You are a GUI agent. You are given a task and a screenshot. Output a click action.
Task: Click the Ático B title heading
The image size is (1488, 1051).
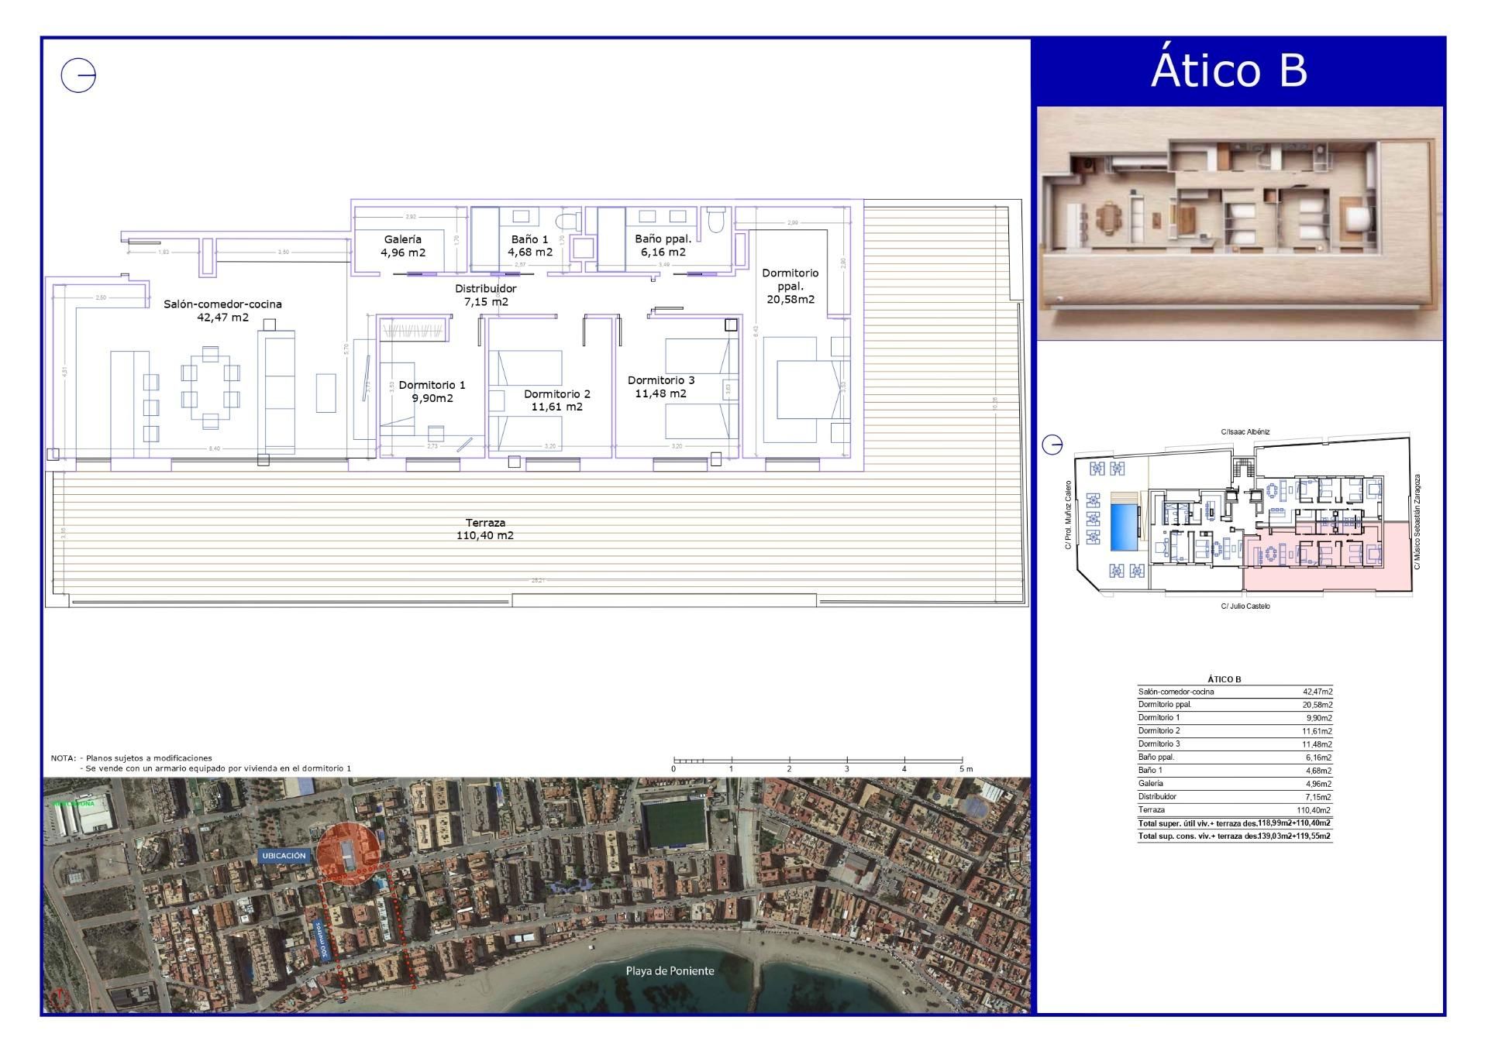[x=1229, y=70]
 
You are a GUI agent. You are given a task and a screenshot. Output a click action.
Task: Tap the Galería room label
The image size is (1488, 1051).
[x=403, y=239]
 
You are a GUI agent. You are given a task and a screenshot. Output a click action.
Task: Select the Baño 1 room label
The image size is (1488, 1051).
[x=530, y=239]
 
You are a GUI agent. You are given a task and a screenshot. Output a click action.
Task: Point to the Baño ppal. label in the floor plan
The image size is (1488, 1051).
[x=663, y=239]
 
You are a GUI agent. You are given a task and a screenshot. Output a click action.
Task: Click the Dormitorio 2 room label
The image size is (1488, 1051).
[x=556, y=394]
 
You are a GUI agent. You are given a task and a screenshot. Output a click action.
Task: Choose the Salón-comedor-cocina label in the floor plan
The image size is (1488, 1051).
[x=222, y=304]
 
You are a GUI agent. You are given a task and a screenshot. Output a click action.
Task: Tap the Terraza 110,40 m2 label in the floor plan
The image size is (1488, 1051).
[x=485, y=529]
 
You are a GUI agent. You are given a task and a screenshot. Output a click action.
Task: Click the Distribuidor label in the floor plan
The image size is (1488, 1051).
[x=486, y=289]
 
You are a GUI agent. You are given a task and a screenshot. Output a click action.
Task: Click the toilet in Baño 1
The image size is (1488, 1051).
[x=568, y=220]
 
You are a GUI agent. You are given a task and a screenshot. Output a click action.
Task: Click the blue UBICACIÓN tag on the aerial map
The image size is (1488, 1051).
[x=284, y=856]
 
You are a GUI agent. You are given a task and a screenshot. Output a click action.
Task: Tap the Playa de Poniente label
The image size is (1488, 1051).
[x=670, y=970]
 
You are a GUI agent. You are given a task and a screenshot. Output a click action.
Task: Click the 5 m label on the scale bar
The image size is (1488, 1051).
[x=965, y=768]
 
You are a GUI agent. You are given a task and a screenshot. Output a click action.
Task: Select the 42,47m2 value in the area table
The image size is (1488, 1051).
[x=1317, y=692]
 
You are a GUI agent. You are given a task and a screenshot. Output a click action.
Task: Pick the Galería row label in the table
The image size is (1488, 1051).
[x=1151, y=783]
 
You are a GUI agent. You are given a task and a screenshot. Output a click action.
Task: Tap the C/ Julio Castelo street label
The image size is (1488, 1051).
[x=1245, y=606]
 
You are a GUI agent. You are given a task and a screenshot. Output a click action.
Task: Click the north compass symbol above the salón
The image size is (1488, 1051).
[x=78, y=76]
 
